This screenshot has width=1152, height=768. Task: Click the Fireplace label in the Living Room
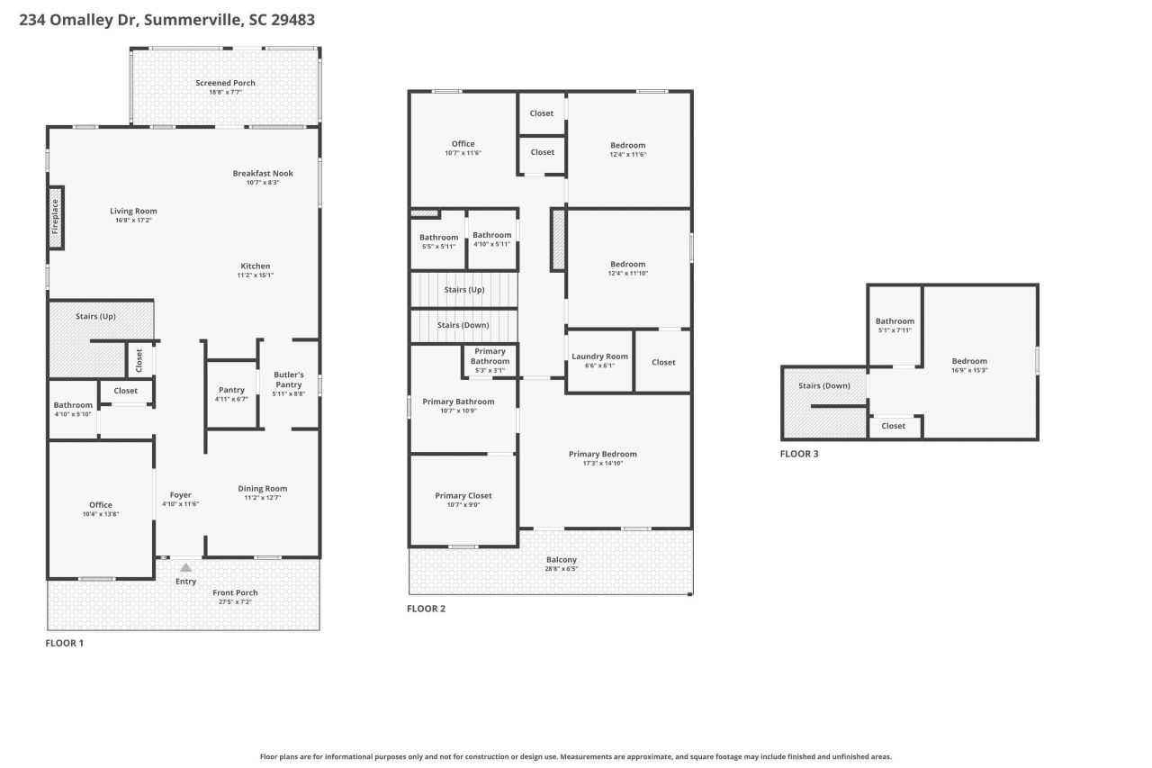click(55, 217)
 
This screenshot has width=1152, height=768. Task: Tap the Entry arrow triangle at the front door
click(186, 567)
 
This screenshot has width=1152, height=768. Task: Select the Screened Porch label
click(225, 83)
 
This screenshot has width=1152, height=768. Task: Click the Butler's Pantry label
click(289, 379)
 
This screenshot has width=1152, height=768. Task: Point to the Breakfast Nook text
click(263, 173)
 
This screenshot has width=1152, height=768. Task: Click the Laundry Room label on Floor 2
click(599, 357)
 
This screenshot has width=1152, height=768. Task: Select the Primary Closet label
click(463, 495)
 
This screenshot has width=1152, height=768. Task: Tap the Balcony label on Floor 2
click(561, 559)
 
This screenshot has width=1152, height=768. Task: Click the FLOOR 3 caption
click(799, 454)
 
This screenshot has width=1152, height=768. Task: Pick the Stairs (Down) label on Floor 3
click(824, 385)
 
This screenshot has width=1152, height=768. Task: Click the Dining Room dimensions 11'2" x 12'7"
click(263, 498)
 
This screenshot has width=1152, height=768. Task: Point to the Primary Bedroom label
click(602, 454)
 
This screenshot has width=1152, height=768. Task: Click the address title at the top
click(167, 19)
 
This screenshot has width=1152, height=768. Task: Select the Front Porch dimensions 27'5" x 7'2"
click(235, 601)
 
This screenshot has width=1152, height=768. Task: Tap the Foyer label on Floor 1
click(180, 494)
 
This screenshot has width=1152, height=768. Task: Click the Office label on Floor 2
click(463, 144)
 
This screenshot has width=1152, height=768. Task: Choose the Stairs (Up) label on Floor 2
click(464, 290)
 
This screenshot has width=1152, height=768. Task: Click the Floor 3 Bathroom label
click(895, 321)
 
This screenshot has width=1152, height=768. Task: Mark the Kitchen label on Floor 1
click(255, 266)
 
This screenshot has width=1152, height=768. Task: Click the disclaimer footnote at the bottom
click(576, 757)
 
